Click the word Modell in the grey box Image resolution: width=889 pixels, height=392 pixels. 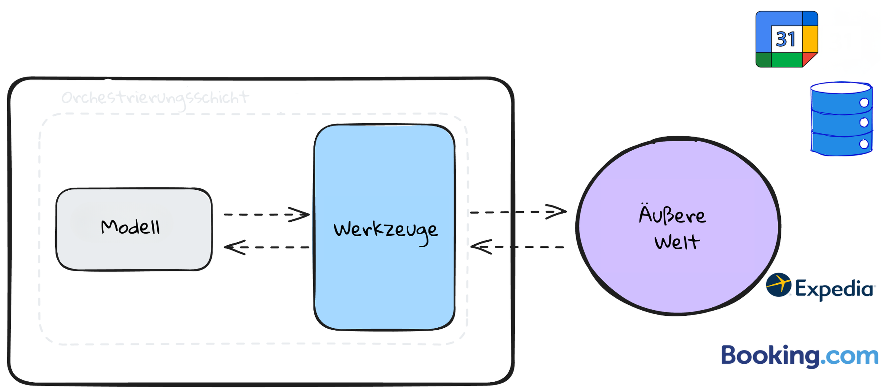[131, 227]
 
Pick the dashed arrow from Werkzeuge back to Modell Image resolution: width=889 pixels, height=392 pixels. [266, 247]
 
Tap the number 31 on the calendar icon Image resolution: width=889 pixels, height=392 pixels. [786, 39]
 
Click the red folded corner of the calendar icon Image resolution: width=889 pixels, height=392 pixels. [809, 59]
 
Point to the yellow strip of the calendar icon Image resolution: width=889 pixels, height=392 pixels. [810, 39]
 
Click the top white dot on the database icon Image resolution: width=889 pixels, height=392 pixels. [864, 103]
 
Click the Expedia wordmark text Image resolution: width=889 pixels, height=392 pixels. [834, 289]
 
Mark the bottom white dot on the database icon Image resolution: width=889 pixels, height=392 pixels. [864, 144]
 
